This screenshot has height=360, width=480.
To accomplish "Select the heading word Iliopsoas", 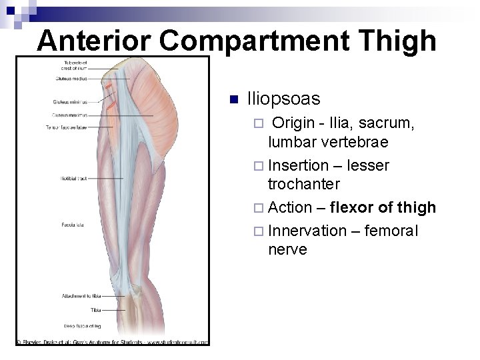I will point(283,99).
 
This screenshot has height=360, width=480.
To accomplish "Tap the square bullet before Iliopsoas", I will point(233,100).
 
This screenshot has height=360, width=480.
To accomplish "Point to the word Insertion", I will point(298,165).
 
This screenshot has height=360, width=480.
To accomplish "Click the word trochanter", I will point(304,183).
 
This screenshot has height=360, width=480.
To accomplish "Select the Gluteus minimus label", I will point(69,102).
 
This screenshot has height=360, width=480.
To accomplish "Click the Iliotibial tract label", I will point(74,179).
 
